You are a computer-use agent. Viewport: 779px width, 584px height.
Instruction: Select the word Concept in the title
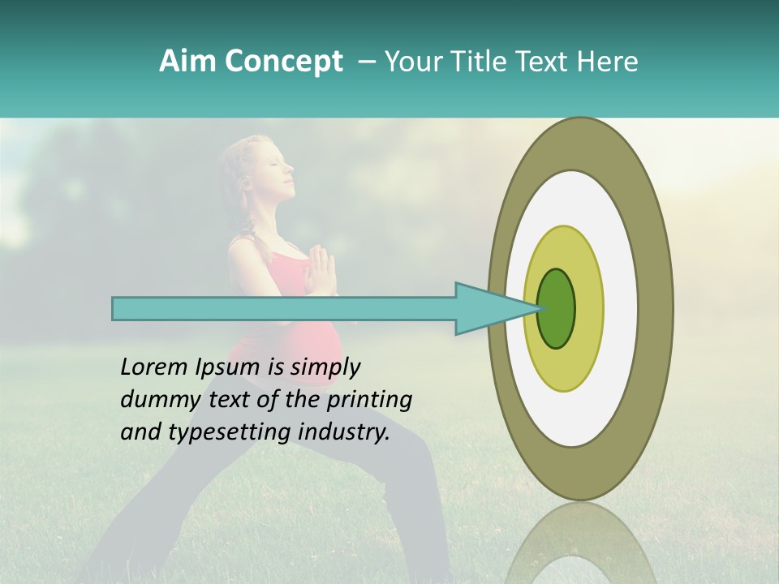point(283,62)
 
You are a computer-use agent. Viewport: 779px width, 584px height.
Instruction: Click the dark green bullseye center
point(557,309)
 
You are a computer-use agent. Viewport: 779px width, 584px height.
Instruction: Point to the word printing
point(368,401)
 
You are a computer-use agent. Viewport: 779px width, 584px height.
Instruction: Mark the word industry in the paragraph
point(340,432)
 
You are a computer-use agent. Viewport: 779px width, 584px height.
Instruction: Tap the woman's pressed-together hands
point(320,272)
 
